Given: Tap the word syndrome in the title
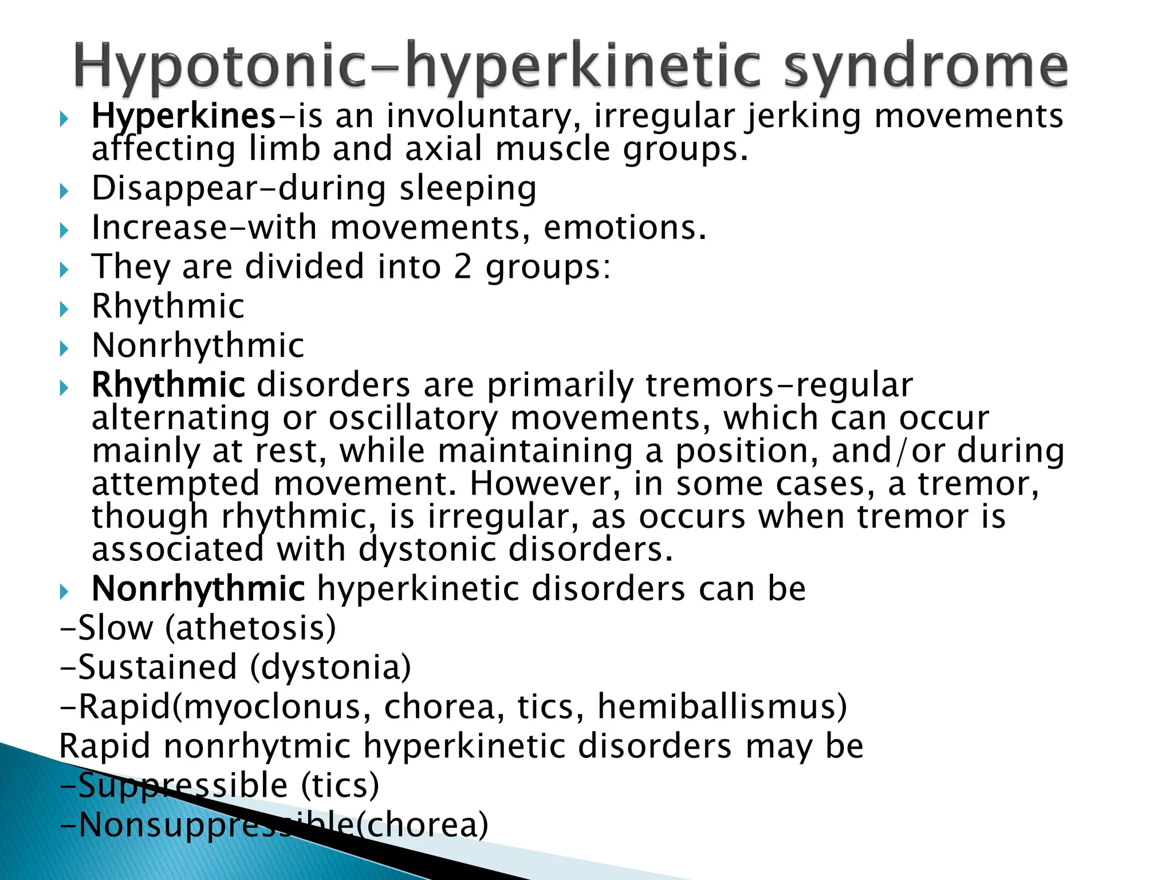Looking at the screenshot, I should coord(925,68).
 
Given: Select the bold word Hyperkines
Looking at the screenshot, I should coord(184,116).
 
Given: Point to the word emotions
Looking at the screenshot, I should coord(624,227).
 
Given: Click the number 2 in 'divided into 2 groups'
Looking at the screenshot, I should coord(463,267).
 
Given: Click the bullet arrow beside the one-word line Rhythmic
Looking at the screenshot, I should coord(64,309).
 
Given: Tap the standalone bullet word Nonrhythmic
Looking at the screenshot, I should coord(198,345).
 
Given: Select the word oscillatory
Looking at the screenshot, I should coord(413,418).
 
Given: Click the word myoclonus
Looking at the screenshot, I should coord(273,706).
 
